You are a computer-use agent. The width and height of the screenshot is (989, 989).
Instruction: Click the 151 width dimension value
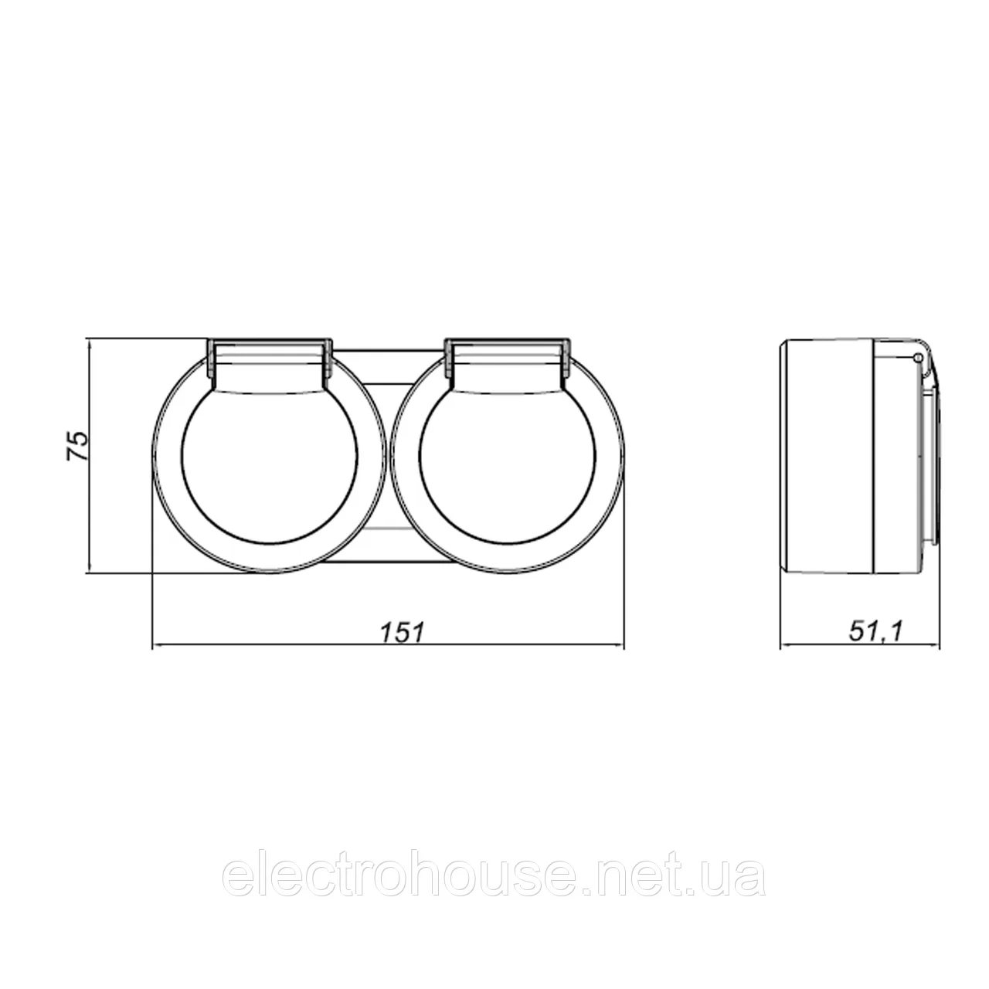[403, 632]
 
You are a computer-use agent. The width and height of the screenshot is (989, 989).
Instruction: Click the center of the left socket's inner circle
[270, 454]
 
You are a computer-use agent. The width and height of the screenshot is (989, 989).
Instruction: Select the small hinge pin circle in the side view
[918, 357]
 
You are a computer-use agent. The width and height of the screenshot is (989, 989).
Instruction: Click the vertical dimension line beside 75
[90, 456]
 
